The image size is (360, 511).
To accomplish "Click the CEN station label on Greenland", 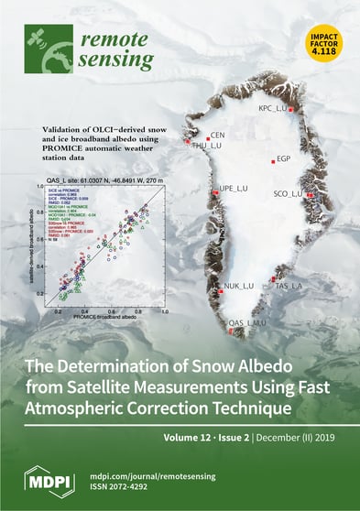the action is click(x=218, y=135).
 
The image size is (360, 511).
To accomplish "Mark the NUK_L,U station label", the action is click(x=238, y=287).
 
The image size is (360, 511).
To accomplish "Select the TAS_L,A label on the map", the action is click(x=289, y=287).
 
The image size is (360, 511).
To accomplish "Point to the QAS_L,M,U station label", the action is click(x=246, y=322).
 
